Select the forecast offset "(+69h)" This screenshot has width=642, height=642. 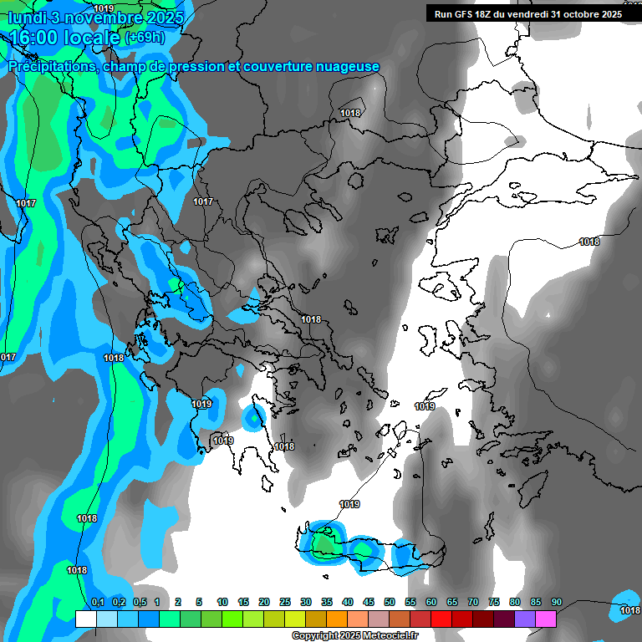coord(145,38)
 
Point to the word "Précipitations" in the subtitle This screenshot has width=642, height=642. coord(52,67)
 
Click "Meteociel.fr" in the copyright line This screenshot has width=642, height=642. coord(388,636)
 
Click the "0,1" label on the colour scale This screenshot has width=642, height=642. coord(97,603)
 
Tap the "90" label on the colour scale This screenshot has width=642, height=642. coord(556,603)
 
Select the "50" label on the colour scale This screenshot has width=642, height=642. coord(390,603)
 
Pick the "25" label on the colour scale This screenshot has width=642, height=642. coord(285,603)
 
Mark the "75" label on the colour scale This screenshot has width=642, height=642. coord(494,603)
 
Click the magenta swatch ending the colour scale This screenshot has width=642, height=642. coord(546,619)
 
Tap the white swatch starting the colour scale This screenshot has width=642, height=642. coord(85,619)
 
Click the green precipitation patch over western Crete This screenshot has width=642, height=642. coord(323,543)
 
